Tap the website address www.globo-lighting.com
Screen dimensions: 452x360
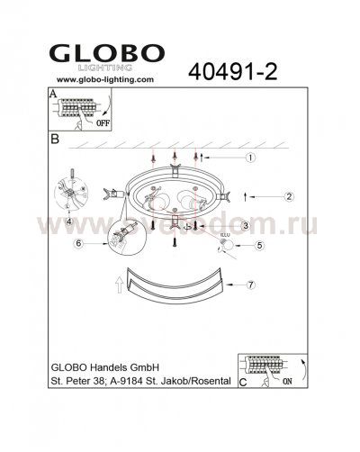(x=99, y=79)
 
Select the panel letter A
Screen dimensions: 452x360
(x=53, y=94)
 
